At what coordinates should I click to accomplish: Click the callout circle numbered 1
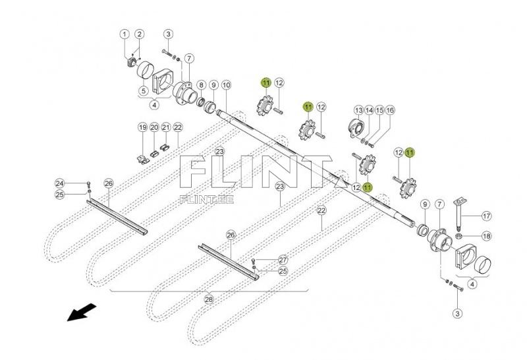[x=125, y=34]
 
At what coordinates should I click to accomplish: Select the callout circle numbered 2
[x=140, y=34]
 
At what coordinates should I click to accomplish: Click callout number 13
[x=358, y=109]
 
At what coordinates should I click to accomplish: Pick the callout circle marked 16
[x=389, y=109]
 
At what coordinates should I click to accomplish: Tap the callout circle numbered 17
[x=486, y=216]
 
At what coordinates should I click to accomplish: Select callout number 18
[x=486, y=236]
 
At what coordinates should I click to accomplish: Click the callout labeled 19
[x=142, y=127]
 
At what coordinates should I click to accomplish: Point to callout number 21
[x=166, y=127]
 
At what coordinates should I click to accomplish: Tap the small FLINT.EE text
[x=201, y=197]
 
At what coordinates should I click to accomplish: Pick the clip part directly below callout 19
[x=142, y=156]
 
